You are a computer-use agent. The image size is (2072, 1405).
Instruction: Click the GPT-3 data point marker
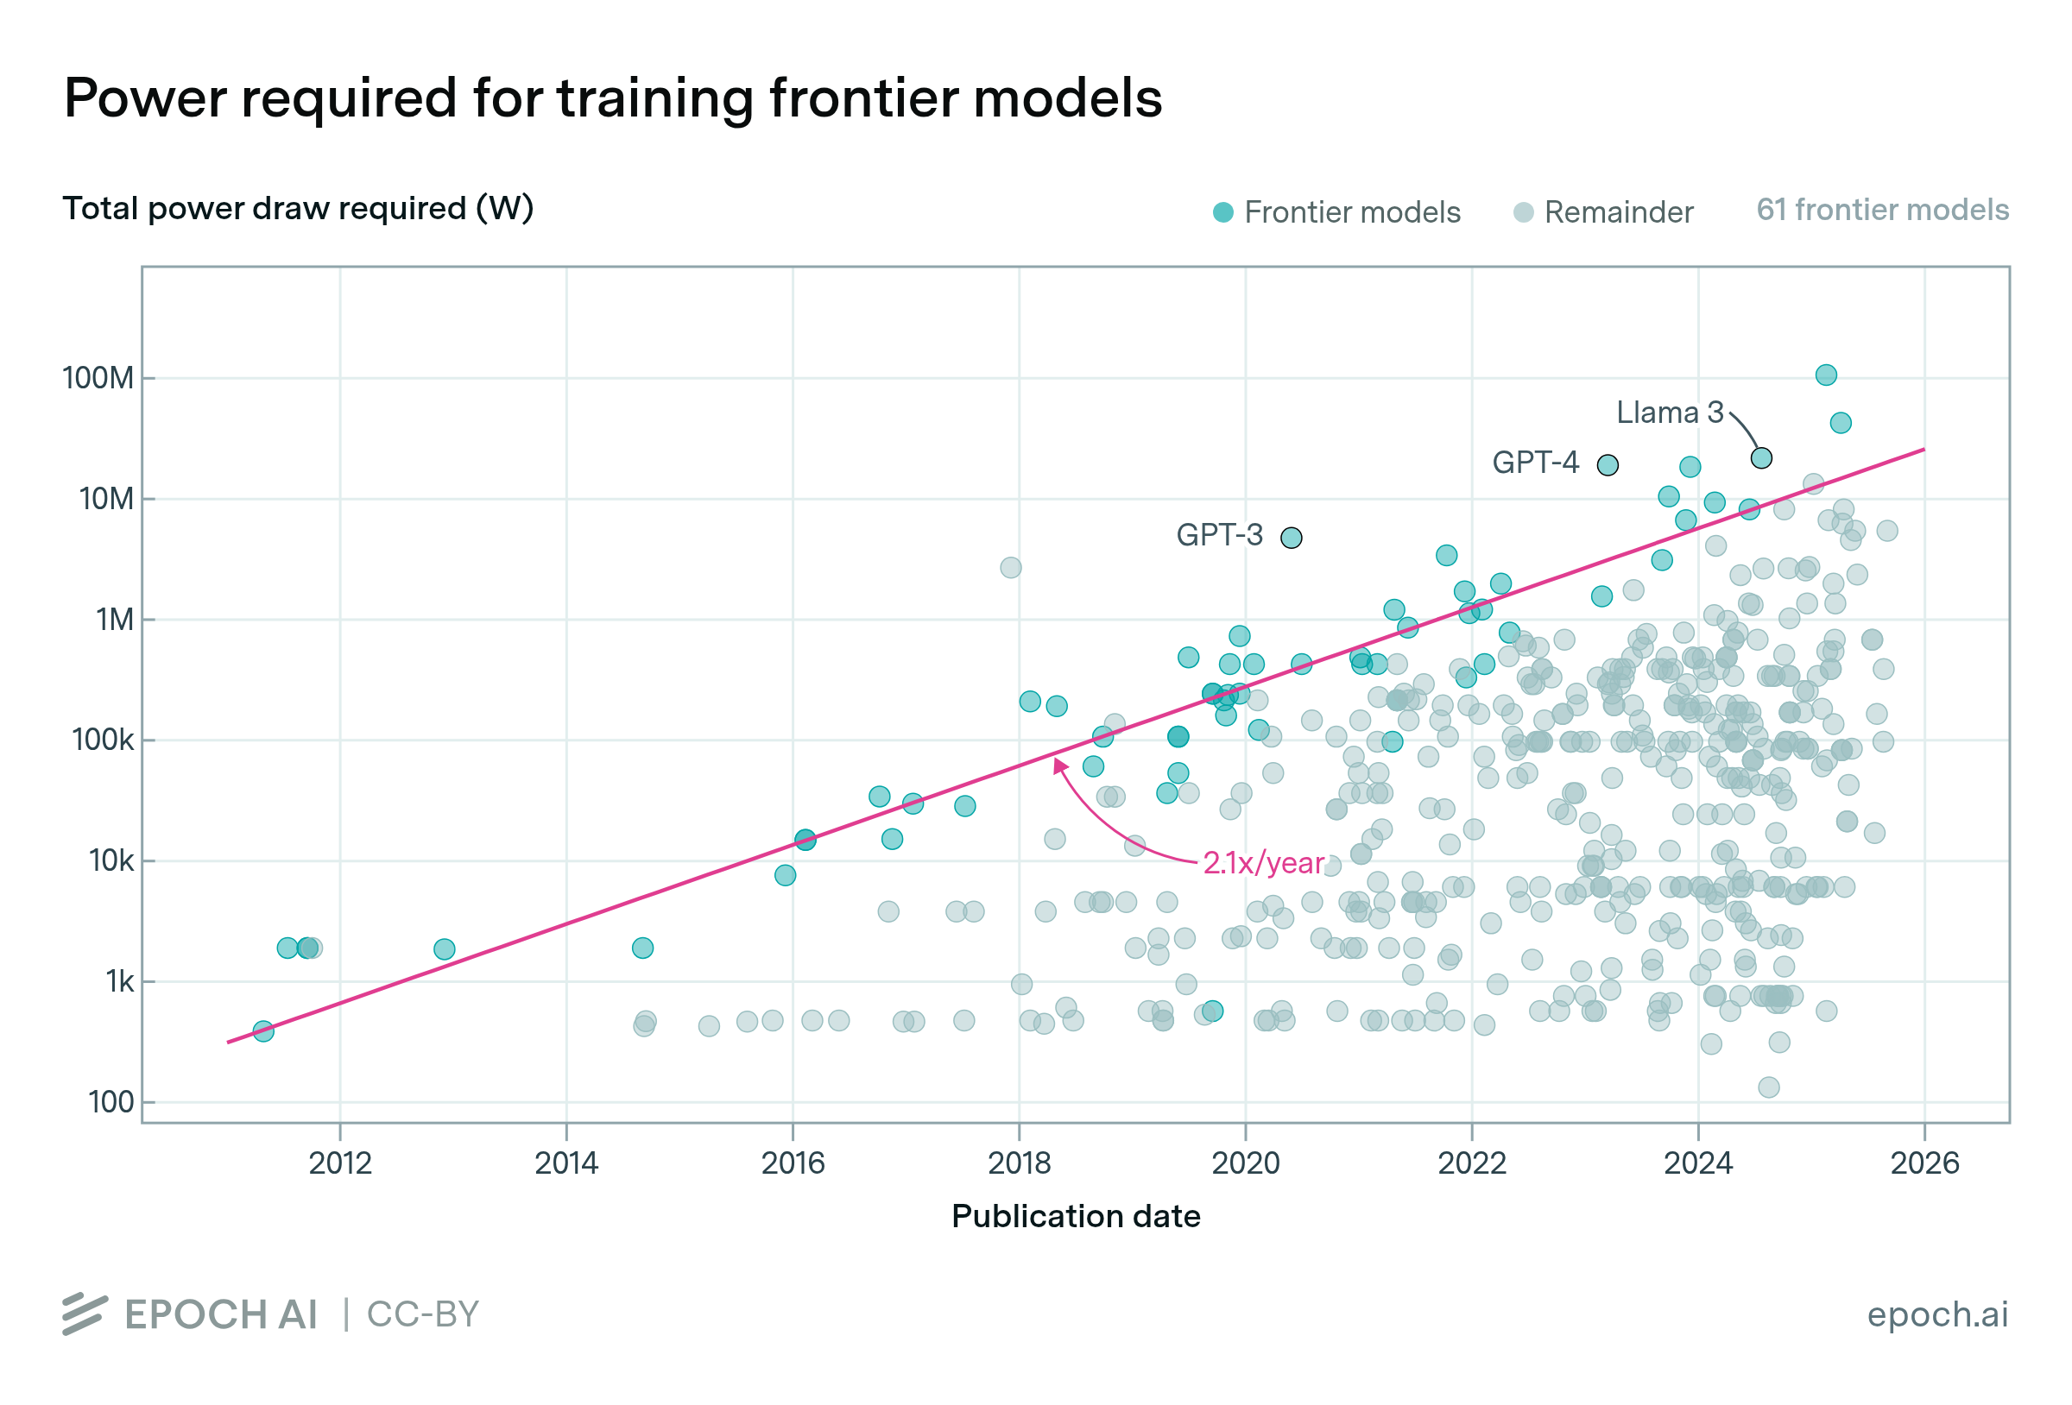click(x=1291, y=538)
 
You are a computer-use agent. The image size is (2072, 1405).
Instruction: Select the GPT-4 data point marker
click(x=1608, y=464)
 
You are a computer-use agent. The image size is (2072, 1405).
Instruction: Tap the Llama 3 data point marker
click(x=1761, y=458)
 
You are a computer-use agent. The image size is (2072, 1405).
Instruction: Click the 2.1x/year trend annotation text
click(x=1262, y=863)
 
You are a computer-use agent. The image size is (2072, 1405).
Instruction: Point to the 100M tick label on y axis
click(x=98, y=378)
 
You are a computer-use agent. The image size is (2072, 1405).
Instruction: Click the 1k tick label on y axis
click(x=119, y=981)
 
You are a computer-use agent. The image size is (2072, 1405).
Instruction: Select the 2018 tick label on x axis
click(x=1019, y=1162)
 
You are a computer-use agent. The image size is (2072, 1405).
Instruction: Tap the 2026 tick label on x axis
click(x=1925, y=1162)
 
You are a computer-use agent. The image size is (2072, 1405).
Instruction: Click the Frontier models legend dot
click(x=1223, y=212)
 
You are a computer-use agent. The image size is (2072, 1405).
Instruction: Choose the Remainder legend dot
click(x=1524, y=212)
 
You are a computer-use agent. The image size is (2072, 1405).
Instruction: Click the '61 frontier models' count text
click(x=1882, y=210)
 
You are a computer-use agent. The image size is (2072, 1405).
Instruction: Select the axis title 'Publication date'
click(x=1075, y=1216)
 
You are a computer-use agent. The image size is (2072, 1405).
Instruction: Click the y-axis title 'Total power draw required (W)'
click(x=298, y=209)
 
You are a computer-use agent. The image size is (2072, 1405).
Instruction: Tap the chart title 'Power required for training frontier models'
click(x=612, y=98)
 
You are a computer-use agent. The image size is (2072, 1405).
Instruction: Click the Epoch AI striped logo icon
click(x=85, y=1314)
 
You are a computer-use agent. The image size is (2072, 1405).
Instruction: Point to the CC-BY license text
click(x=423, y=1314)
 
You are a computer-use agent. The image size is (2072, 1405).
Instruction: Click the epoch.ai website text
click(x=1937, y=1314)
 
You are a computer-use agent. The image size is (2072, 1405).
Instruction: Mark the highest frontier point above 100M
click(x=1826, y=375)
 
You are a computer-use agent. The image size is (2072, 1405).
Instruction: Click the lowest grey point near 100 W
click(x=1769, y=1087)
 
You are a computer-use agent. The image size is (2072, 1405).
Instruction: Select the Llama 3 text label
click(x=1670, y=412)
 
